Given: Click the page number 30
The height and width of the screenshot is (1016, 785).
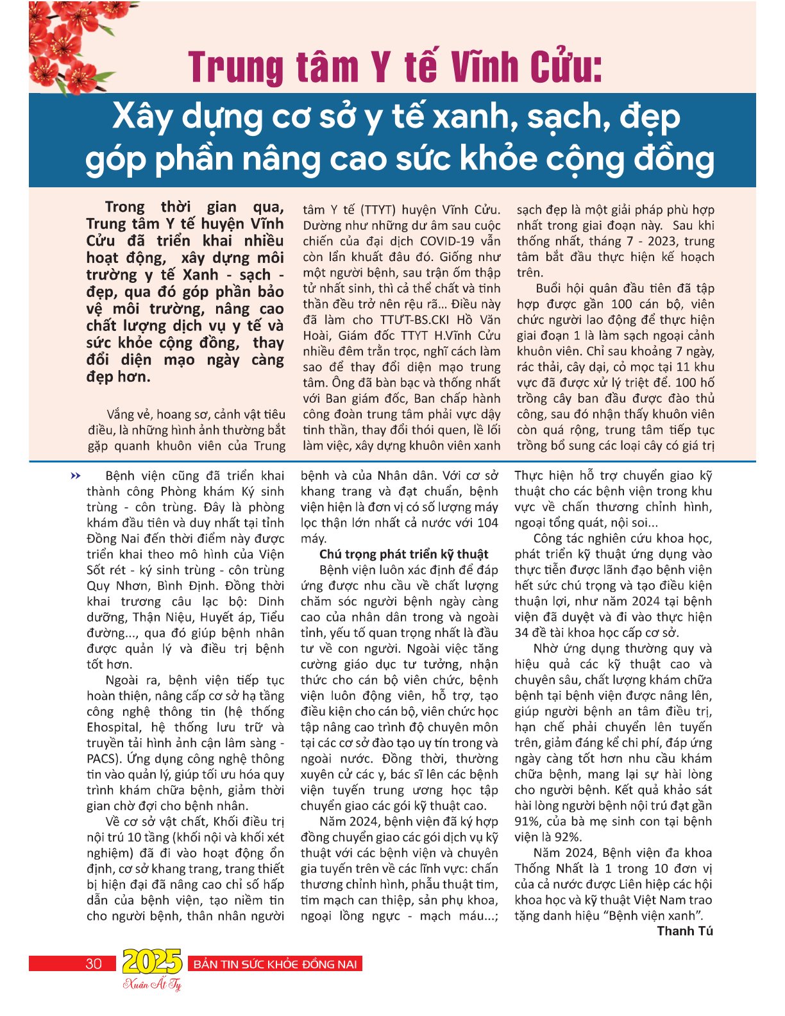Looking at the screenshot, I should pos(94,963).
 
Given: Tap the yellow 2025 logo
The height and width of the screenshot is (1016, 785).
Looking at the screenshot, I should pos(152,961).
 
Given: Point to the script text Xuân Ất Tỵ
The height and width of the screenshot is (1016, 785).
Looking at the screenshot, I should pos(152,985).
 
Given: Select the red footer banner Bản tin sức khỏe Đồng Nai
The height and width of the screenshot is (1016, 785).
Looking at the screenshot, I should pos(274,963).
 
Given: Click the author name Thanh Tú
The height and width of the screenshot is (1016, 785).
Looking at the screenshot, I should pos(685,931).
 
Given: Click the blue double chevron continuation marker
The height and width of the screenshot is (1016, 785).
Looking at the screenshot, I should pos(76,476).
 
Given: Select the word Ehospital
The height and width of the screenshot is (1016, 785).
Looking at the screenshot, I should pos(114,727).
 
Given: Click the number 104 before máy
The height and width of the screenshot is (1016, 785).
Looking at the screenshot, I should pos(487,523).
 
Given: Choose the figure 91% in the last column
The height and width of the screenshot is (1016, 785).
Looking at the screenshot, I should pos(527,822).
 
